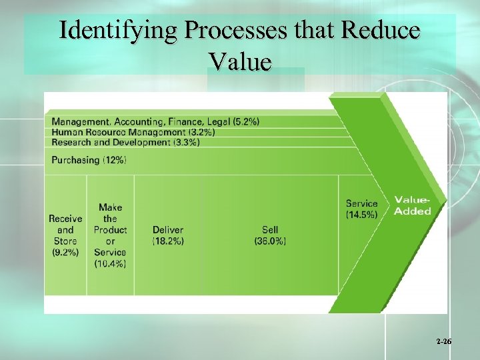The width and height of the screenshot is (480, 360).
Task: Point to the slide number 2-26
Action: click(x=444, y=342)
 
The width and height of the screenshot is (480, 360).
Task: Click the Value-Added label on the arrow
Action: click(x=412, y=205)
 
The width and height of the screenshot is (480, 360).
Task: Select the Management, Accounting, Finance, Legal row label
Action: click(x=155, y=121)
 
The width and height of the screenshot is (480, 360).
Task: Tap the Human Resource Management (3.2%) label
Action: click(x=133, y=132)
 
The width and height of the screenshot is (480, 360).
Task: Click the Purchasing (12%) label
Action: click(x=89, y=160)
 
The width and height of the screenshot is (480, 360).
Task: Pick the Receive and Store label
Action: click(x=65, y=229)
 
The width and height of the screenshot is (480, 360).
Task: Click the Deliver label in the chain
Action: click(x=168, y=230)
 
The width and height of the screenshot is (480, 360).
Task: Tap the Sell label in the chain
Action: click(x=270, y=230)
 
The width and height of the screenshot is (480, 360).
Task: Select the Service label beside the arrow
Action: click(x=361, y=203)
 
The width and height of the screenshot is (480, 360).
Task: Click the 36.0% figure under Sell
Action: click(x=270, y=241)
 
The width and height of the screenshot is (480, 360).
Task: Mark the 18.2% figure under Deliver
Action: click(x=168, y=241)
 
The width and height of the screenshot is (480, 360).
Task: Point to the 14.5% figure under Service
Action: click(x=361, y=215)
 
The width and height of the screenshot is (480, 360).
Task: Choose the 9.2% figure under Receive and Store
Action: click(x=65, y=252)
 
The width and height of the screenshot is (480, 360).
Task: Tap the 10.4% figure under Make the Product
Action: click(x=110, y=263)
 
